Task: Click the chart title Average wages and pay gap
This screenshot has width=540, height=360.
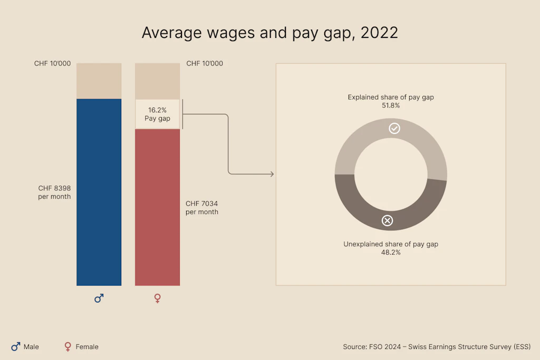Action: pyautogui.click(x=269, y=33)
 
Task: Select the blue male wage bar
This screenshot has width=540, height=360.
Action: pyautogui.click(x=99, y=192)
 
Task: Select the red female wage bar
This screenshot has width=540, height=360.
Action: pyautogui.click(x=157, y=207)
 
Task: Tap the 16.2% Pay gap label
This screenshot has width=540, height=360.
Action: pyautogui.click(x=157, y=114)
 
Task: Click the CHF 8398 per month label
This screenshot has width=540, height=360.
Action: pyautogui.click(x=54, y=192)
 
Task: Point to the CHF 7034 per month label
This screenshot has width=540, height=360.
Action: pyautogui.click(x=201, y=208)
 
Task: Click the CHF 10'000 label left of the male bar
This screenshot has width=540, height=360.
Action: pyautogui.click(x=52, y=64)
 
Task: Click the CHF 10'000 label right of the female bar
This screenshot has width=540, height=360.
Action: pyautogui.click(x=205, y=64)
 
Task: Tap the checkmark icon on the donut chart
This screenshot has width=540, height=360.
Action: pyautogui.click(x=394, y=129)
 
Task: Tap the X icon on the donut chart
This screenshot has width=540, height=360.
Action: pyautogui.click(x=387, y=220)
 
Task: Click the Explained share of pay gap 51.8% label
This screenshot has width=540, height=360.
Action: pyautogui.click(x=391, y=101)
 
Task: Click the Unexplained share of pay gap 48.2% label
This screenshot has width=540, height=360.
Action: pyautogui.click(x=391, y=248)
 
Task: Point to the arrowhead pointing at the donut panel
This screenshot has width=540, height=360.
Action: pyautogui.click(x=272, y=174)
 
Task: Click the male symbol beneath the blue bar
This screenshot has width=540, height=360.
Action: pyautogui.click(x=99, y=298)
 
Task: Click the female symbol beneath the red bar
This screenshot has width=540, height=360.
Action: pyautogui.click(x=157, y=298)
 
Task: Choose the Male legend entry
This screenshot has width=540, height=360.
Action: pyautogui.click(x=25, y=347)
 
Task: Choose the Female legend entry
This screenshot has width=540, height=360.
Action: pyautogui.click(x=82, y=347)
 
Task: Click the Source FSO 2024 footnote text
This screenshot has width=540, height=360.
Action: pyautogui.click(x=437, y=347)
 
